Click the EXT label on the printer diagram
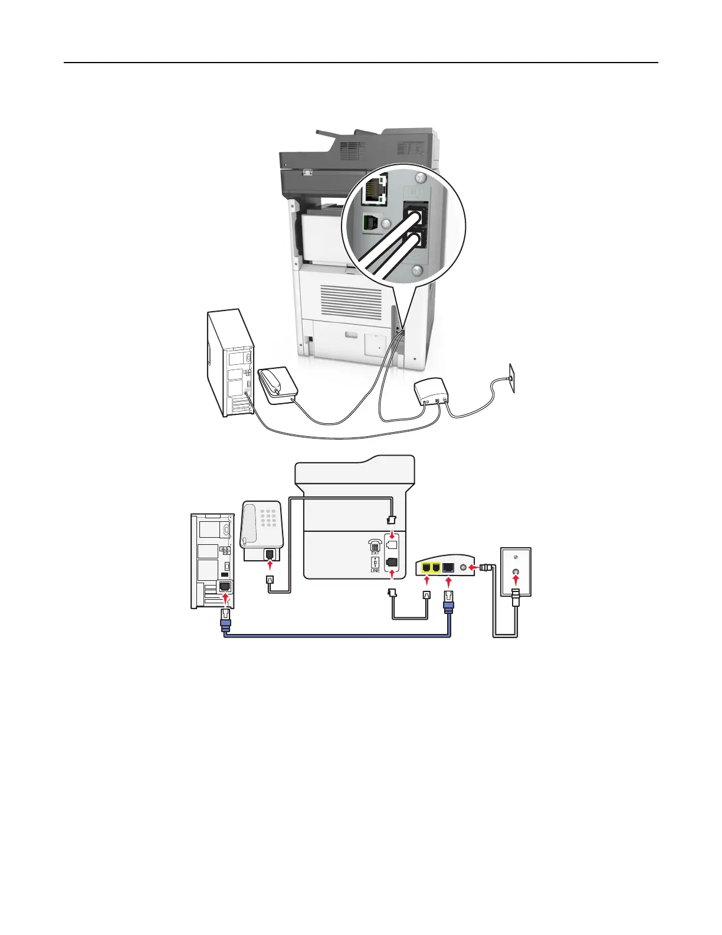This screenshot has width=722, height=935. [375, 553]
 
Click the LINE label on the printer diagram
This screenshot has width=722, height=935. [375, 571]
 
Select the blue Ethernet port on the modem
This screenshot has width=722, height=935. [448, 568]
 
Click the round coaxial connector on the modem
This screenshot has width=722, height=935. [464, 568]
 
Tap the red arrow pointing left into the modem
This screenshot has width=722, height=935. [474, 568]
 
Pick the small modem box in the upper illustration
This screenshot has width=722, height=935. [432, 390]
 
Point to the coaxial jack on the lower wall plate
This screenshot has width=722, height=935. [516, 572]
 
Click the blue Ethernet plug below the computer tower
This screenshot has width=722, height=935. [225, 620]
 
